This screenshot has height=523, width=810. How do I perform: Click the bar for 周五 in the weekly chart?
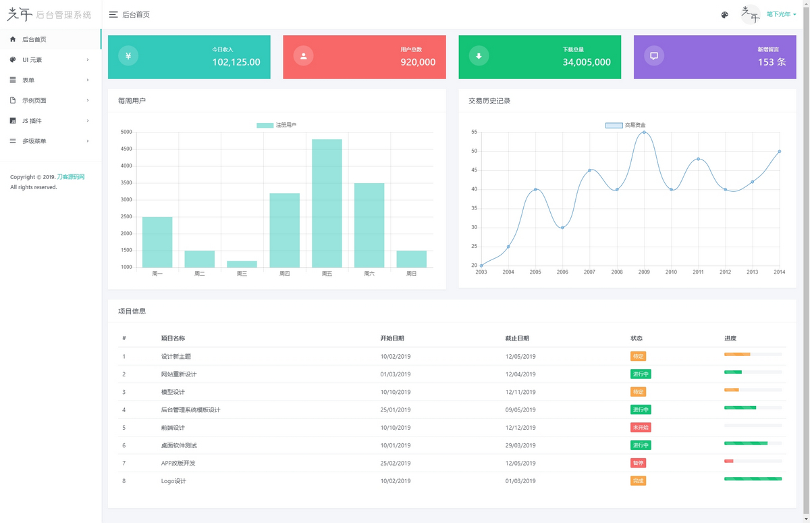(x=327, y=203)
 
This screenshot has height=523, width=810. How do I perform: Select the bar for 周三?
(x=242, y=264)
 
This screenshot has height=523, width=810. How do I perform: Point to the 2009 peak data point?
(x=644, y=132)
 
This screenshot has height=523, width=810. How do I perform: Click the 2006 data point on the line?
(x=562, y=227)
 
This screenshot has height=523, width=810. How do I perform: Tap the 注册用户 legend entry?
(x=276, y=125)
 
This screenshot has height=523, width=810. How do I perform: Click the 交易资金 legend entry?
(x=625, y=125)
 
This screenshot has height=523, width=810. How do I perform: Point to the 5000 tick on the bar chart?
(x=126, y=132)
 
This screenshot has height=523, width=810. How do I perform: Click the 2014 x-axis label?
(x=779, y=272)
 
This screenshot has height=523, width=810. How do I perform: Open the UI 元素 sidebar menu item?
(x=32, y=60)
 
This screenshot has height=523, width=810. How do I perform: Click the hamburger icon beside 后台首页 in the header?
(x=113, y=15)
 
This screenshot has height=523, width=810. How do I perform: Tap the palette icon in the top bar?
(x=725, y=15)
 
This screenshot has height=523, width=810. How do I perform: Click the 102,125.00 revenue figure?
(x=236, y=62)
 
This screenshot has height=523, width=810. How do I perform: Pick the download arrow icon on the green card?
(x=479, y=56)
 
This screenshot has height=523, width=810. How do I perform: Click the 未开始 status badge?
(x=641, y=428)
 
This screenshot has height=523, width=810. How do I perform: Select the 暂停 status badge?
(x=638, y=463)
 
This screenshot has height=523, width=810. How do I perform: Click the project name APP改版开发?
(x=178, y=463)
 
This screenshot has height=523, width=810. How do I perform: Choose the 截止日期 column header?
(x=517, y=339)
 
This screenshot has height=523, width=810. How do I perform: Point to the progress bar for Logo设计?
(x=753, y=478)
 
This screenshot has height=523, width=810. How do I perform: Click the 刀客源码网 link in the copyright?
(x=71, y=177)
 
